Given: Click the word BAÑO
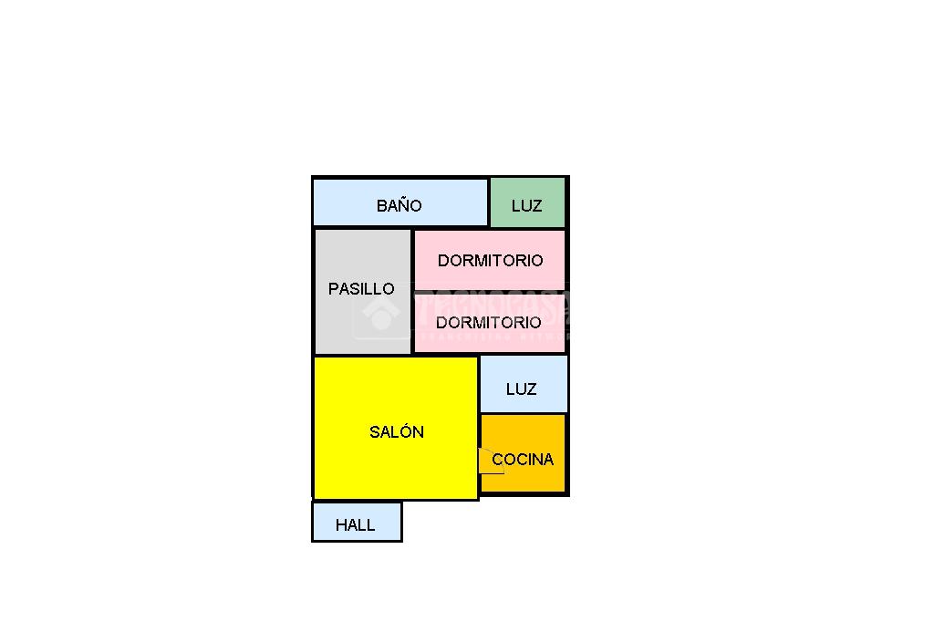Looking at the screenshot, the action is click(399, 205).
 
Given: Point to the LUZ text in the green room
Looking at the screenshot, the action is click(526, 206).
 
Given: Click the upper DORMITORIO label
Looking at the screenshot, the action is click(490, 260).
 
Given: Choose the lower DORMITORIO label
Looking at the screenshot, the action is click(488, 322).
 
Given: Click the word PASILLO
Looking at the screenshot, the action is click(361, 288).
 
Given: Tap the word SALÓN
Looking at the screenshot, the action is click(397, 431).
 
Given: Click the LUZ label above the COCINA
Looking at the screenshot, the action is click(521, 389).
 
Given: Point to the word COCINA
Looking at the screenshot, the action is click(523, 459).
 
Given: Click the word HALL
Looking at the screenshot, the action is click(355, 524).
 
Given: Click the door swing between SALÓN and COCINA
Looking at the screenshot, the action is click(488, 461).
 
